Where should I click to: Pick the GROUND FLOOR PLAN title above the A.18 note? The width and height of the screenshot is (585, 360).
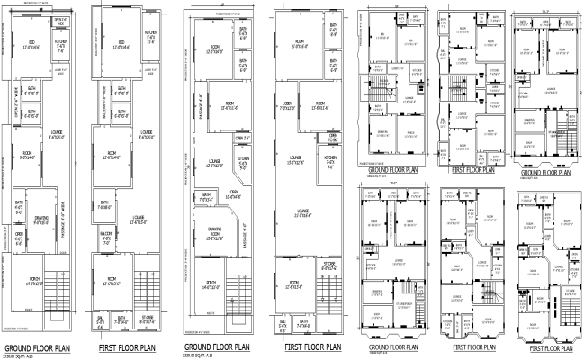[217, 347]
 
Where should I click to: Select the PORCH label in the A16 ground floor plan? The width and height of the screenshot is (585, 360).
[33, 281]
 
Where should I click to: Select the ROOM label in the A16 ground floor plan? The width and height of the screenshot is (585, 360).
[27, 158]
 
